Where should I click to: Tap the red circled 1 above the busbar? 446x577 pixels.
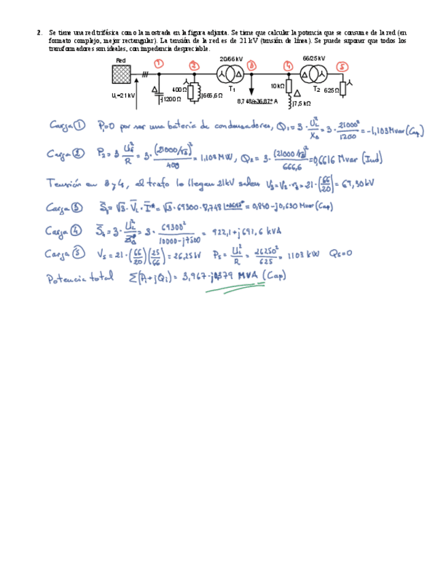tap(159, 64)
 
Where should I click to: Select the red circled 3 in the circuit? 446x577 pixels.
tap(253, 65)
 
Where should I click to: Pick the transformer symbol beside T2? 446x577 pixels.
tap(313, 73)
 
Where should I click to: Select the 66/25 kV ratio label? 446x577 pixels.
tap(314, 59)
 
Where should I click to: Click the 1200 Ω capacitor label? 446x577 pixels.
tap(170, 99)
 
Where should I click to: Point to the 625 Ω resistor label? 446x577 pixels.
tap(332, 90)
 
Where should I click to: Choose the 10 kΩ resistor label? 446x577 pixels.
tap(277, 86)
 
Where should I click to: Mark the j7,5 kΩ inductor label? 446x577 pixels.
tap(301, 103)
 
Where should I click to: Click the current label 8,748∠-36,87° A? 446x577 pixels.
tap(257, 101)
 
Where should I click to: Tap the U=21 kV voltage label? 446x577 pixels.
tap(123, 96)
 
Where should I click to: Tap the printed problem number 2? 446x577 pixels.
tap(40, 32)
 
